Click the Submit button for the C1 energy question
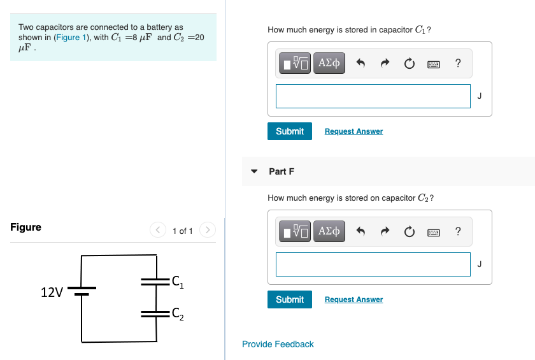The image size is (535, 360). (290, 131)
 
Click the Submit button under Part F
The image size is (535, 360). (290, 299)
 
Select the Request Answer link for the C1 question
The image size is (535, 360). (353, 131)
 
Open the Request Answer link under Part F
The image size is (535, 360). (353, 299)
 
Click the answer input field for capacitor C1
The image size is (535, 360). (373, 96)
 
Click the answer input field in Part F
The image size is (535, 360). (373, 264)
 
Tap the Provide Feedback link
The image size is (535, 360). (278, 344)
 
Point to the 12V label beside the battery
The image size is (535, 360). (52, 292)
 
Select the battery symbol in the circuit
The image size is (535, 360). (82, 291)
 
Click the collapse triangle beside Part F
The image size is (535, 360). (255, 171)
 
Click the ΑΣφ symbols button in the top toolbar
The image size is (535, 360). (329, 63)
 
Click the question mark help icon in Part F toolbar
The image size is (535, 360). (458, 231)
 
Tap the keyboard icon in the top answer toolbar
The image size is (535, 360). (434, 64)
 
